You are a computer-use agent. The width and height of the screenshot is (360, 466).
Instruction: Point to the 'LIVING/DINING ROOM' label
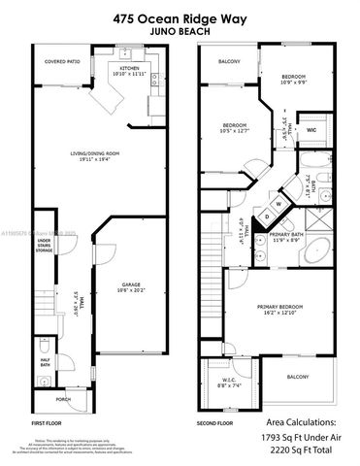[x=96, y=155]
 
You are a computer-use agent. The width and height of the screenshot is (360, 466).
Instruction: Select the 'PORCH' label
[x=63, y=399]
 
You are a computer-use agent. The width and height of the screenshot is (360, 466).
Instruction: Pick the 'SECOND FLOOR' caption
[x=215, y=424]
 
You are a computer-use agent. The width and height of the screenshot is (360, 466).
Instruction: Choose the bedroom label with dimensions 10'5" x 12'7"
[x=235, y=129]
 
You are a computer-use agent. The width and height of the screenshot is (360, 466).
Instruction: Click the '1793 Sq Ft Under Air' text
[x=300, y=439]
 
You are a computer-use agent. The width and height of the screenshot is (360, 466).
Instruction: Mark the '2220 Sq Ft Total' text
[x=300, y=451]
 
